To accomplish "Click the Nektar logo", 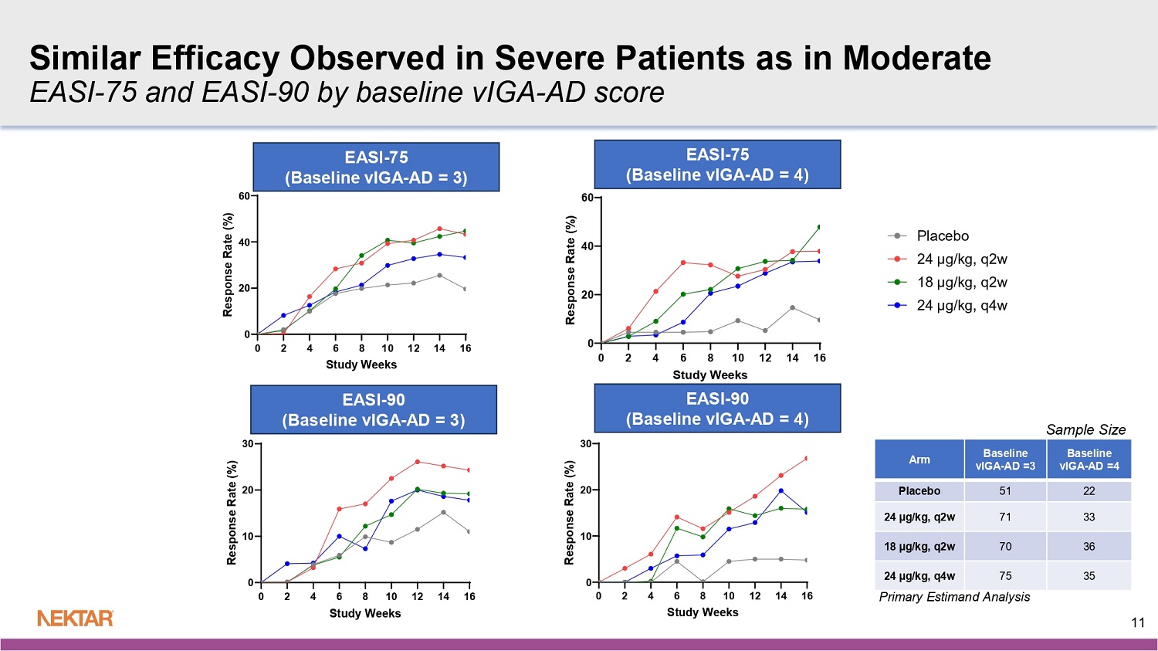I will coord(76,618).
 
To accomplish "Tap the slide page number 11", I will coord(1137,622).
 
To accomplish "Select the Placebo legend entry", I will coord(942,236).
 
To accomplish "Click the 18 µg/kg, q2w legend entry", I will coord(961,282).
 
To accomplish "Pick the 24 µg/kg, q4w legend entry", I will coord(961,305).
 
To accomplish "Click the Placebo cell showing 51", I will coord(1004,491).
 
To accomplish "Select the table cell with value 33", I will coord(1089,517).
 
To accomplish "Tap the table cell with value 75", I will coord(1004,575).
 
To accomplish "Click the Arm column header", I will coord(919,459).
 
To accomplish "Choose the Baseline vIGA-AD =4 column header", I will coord(1089,459).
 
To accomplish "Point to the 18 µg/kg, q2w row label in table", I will coord(919,547).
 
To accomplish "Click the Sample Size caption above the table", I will coord(1085,429).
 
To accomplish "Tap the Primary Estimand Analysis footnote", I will coord(954,597).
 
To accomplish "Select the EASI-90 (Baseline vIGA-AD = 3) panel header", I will coord(374,410).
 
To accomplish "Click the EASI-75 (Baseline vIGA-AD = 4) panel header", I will coord(717,164).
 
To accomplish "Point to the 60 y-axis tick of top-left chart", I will coord(244,196).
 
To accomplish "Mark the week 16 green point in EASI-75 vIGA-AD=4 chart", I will coord(819,227).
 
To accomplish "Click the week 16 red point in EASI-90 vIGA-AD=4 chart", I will coord(807,458).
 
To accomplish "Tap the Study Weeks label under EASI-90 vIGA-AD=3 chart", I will coord(364,613).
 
